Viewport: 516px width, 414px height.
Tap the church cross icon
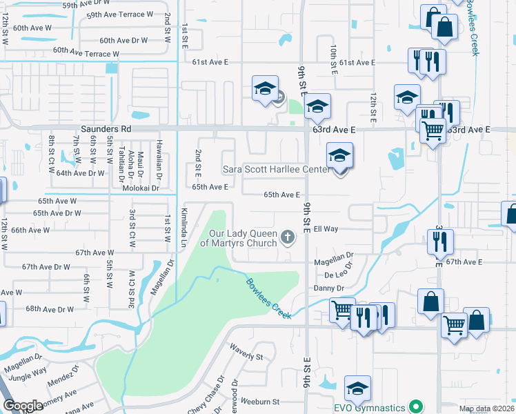pos(289,237)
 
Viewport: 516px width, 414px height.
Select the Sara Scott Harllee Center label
pos(275,169)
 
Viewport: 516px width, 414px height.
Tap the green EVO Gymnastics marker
pos(415,406)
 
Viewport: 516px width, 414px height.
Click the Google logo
pos(23,406)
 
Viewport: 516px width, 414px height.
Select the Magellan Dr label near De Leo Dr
pos(333,254)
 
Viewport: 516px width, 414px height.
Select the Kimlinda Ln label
pos(183,228)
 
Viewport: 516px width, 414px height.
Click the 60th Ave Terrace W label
pos(81,52)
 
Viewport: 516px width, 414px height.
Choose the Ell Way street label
pos(326,228)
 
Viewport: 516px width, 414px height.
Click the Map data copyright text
pos(486,409)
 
